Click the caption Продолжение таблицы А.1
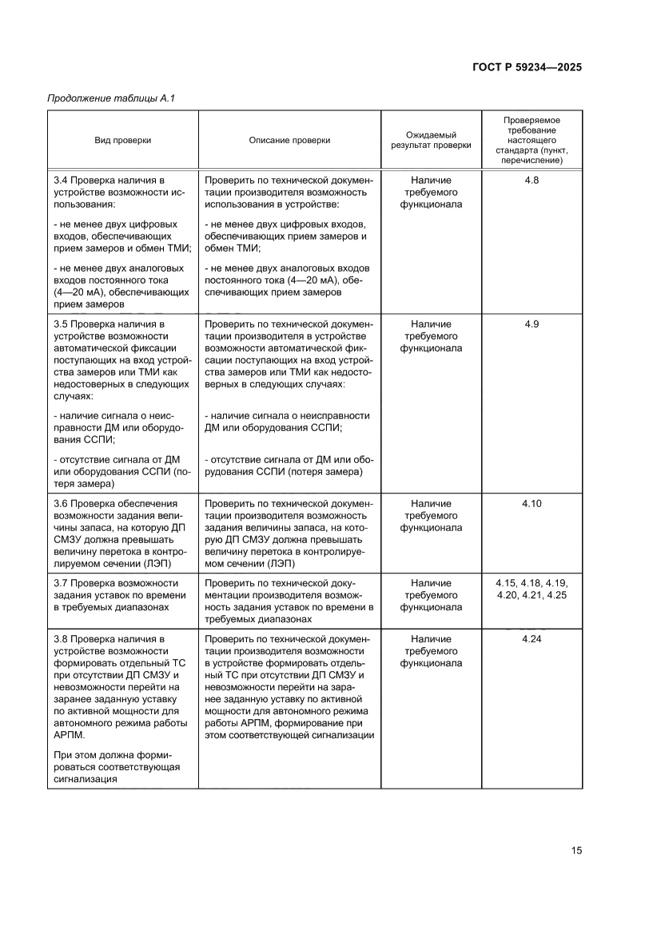click(111, 98)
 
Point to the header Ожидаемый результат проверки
click(431, 140)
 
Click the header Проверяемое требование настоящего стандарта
click(531, 140)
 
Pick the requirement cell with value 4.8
click(532, 181)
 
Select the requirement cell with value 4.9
click(532, 324)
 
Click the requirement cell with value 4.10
click(532, 503)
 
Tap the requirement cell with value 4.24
click(532, 639)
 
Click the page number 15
click(576, 850)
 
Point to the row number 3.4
click(61, 181)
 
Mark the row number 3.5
click(61, 324)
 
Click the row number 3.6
click(61, 503)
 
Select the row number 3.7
click(61, 582)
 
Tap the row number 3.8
click(61, 639)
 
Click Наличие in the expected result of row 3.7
click(431, 582)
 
